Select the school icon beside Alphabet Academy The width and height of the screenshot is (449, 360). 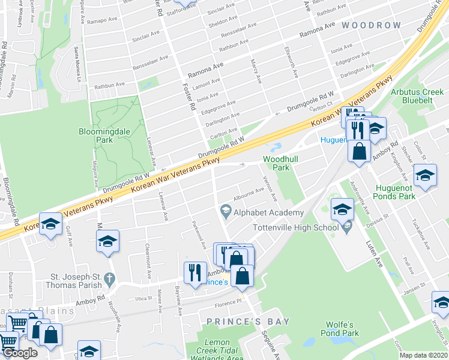tap(226, 209)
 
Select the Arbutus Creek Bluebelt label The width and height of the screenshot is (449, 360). tap(417, 96)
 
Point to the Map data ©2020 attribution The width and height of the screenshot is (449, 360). tap(423, 355)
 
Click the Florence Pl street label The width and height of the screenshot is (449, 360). tap(227, 303)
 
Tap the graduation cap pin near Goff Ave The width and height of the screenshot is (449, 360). tap(50, 224)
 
